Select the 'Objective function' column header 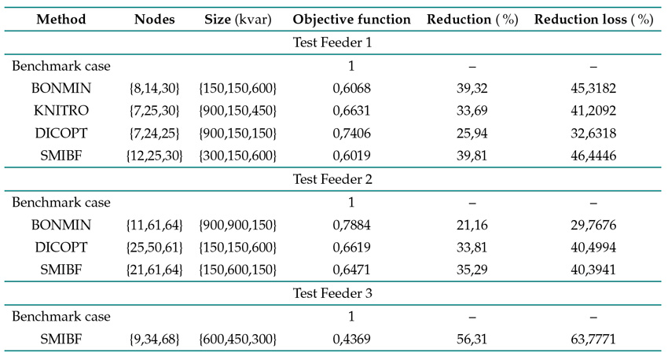[351, 19]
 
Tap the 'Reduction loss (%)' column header [593, 19]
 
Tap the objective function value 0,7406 [351, 134]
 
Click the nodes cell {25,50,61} [154, 248]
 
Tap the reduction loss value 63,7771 [593, 339]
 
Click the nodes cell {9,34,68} [154, 339]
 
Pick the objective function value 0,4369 [351, 339]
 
